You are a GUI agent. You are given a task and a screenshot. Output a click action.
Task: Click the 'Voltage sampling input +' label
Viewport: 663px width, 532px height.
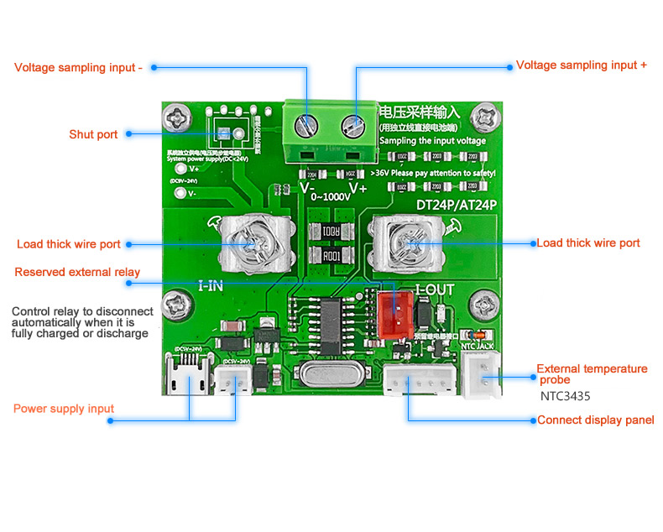[x=581, y=65]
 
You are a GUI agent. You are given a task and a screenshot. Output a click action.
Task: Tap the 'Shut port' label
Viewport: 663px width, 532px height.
[x=93, y=134]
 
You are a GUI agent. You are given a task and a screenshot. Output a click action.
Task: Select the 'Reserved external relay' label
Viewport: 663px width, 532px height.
[x=77, y=272]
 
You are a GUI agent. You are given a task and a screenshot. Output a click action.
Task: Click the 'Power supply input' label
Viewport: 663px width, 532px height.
[x=64, y=409]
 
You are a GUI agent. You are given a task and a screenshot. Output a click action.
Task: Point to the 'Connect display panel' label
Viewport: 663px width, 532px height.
[x=595, y=420]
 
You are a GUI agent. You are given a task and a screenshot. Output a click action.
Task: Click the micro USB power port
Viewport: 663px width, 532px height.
[x=189, y=379]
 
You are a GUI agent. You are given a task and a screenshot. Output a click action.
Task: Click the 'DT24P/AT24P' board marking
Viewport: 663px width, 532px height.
[x=457, y=204]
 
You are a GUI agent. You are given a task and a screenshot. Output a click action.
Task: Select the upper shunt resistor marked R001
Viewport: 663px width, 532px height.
[x=327, y=232]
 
